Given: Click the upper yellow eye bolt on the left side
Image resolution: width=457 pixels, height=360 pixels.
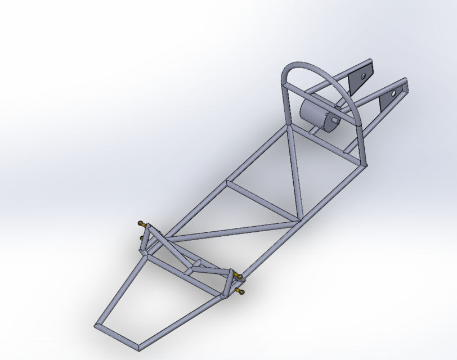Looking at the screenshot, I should click(141, 224).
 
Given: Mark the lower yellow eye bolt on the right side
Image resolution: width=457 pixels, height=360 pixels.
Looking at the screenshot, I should click(241, 291).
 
